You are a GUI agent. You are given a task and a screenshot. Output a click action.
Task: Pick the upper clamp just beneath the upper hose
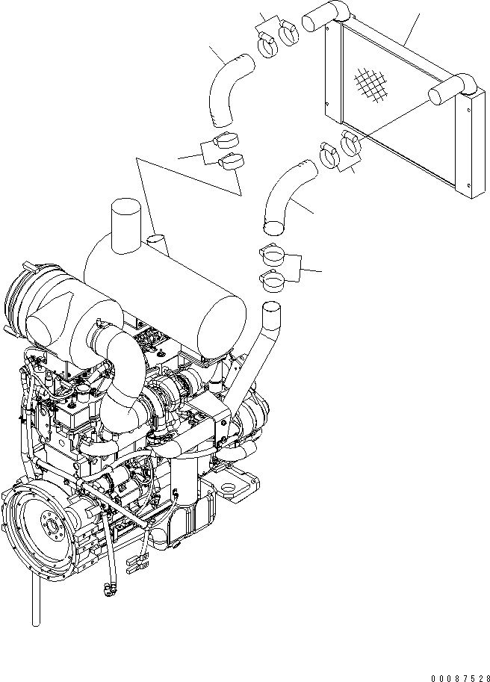point(226,140)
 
